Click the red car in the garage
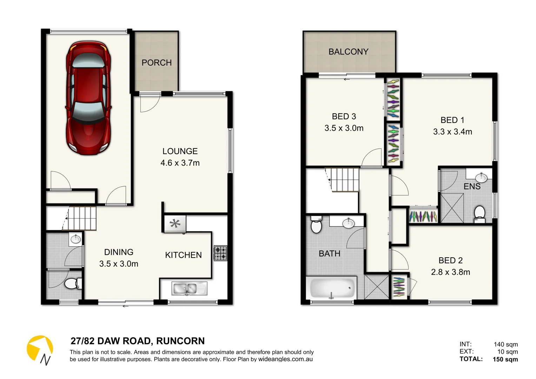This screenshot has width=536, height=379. tap(88, 98)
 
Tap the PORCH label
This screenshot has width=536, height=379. tap(157, 62)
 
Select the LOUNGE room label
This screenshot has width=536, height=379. tap(180, 151)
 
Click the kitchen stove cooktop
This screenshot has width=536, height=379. tap(220, 253)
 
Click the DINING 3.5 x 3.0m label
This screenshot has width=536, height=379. tap(119, 258)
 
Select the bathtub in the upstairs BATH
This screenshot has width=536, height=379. tap(332, 288)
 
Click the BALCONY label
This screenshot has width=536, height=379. tap(348, 52)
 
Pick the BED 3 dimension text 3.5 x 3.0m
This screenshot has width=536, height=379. tap(344, 128)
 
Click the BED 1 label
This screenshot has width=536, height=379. tap(452, 120)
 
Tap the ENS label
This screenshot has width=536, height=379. tap(472, 186)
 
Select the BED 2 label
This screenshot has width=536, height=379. tap(450, 260)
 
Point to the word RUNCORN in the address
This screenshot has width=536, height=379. tap(180, 341)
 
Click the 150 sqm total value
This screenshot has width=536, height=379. tap(505, 359)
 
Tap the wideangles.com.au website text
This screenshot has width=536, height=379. tap(285, 359)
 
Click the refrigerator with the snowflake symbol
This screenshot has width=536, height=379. tap(175, 224)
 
